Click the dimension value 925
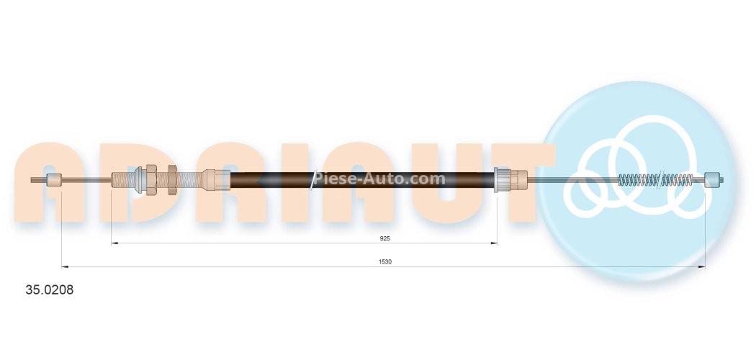pyautogui.click(x=385, y=237)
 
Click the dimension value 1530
pyautogui.click(x=385, y=261)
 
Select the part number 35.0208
pyautogui.click(x=50, y=291)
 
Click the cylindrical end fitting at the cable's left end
pyautogui.click(x=54, y=180)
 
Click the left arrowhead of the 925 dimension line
pyautogui.click(x=114, y=243)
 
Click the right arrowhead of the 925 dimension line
pyautogui.click(x=495, y=243)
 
